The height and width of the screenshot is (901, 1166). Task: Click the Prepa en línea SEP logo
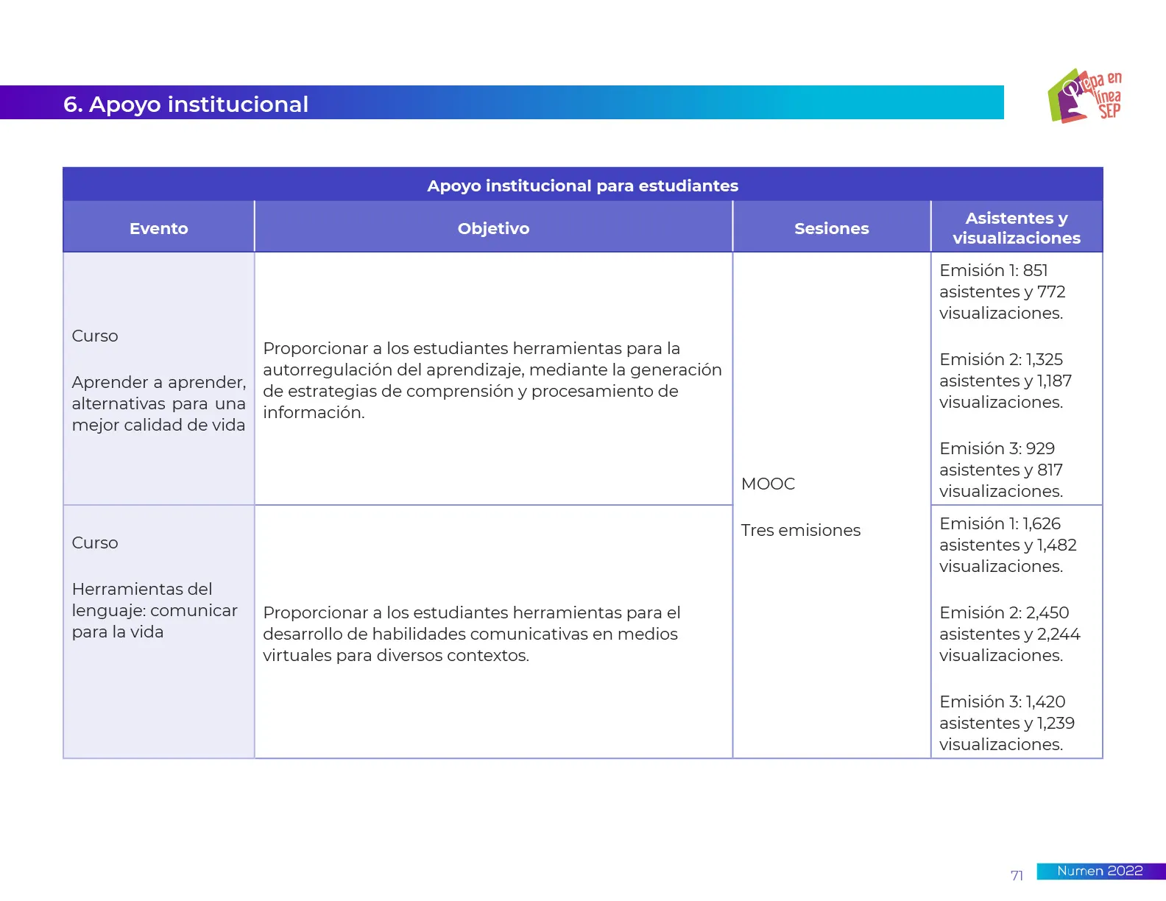tap(1084, 96)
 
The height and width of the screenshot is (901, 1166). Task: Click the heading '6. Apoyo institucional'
tap(185, 105)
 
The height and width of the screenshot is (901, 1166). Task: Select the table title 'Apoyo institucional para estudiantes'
tap(582, 185)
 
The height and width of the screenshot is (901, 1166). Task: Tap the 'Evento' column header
tap(158, 229)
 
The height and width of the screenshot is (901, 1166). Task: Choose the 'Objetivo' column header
tap(493, 229)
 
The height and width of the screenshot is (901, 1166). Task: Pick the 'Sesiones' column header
tap(831, 229)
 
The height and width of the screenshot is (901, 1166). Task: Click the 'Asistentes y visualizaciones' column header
tap(1016, 228)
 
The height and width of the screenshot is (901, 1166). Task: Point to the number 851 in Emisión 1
tap(1035, 271)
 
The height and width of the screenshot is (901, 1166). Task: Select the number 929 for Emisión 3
tap(1040, 449)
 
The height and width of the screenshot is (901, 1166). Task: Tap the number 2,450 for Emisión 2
tap(1047, 613)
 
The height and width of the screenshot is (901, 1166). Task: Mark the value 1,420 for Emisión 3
tap(1045, 702)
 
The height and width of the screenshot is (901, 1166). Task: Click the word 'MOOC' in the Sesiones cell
tap(768, 484)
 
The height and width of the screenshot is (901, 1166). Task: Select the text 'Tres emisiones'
tap(800, 531)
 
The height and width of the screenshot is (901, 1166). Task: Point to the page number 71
tap(1017, 876)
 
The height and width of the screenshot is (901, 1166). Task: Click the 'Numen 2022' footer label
tap(1100, 872)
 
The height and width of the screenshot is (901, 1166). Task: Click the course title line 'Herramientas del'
tap(142, 590)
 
